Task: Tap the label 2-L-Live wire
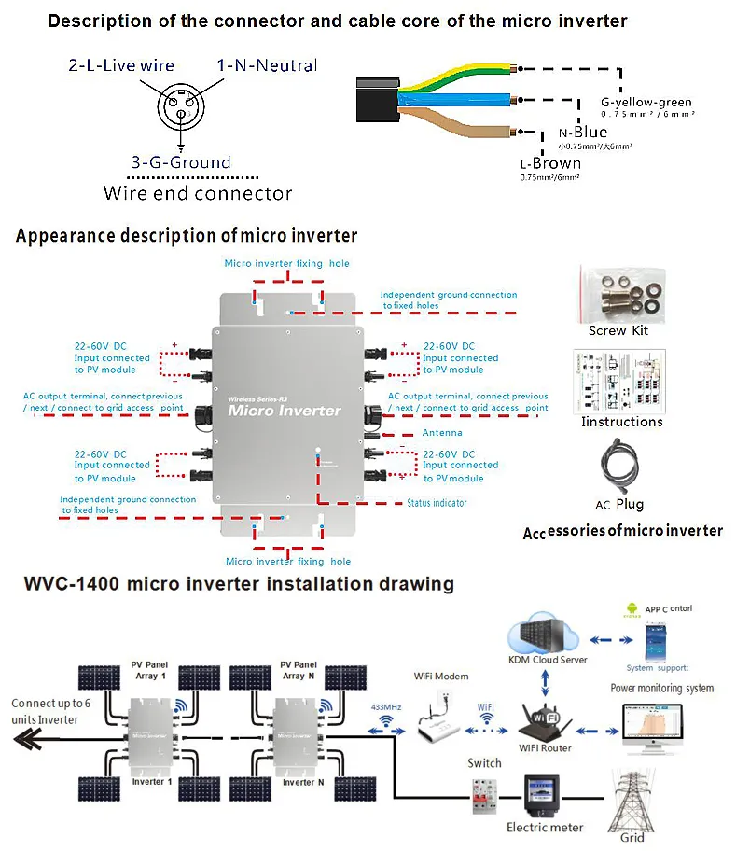click(x=121, y=65)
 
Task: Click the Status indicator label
click(x=437, y=504)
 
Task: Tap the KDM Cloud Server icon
click(x=547, y=635)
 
